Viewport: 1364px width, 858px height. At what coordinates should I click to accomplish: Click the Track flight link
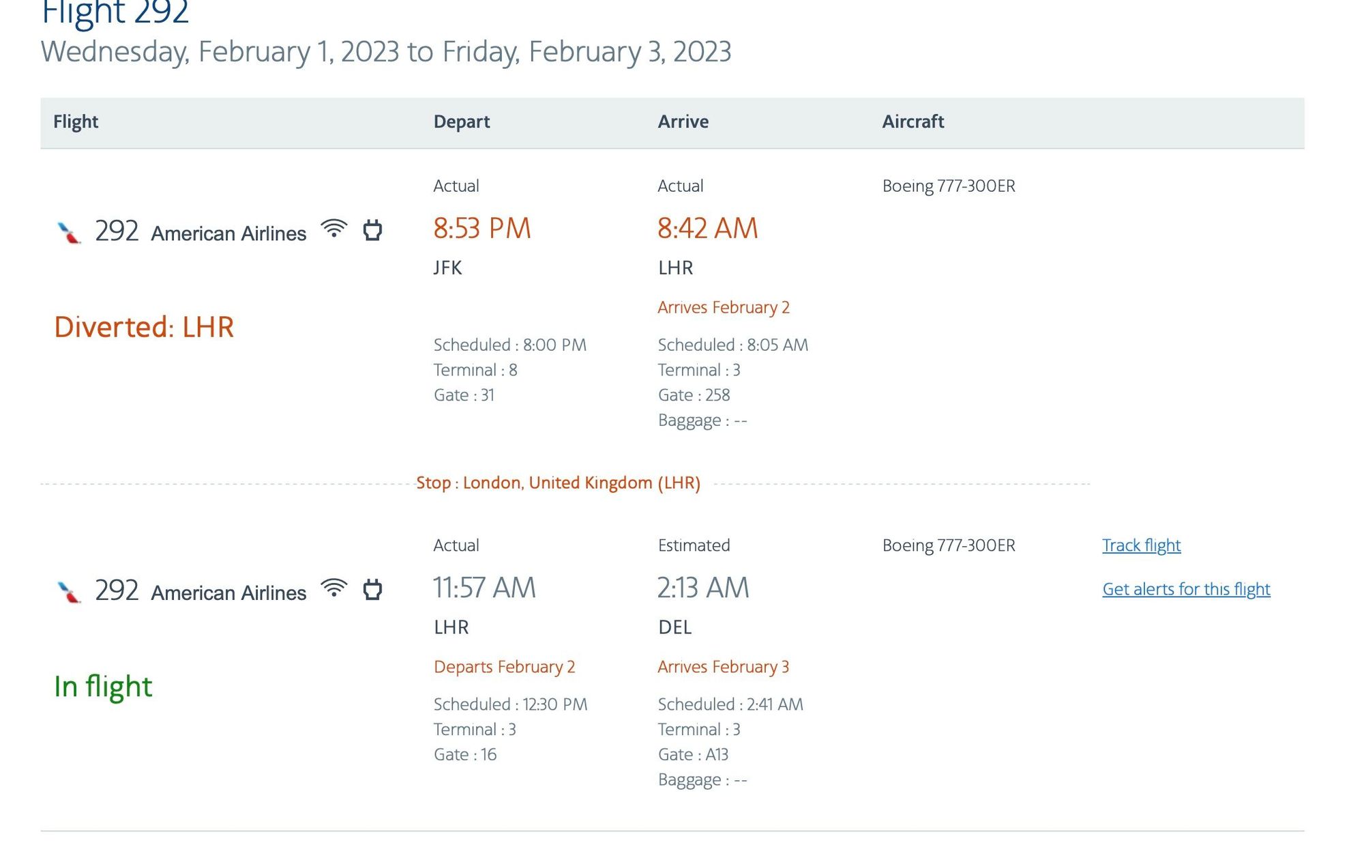pyautogui.click(x=1141, y=545)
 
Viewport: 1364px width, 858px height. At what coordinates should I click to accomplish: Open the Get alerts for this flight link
pyautogui.click(x=1186, y=588)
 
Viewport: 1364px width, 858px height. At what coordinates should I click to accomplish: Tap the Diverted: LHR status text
pyautogui.click(x=144, y=327)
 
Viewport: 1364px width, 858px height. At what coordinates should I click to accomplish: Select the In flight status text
pyautogui.click(x=103, y=686)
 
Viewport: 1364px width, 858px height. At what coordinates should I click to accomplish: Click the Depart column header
pyautogui.click(x=462, y=121)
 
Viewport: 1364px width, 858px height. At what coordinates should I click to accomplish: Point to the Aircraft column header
pyautogui.click(x=913, y=121)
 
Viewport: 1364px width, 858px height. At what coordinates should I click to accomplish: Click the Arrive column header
pyautogui.click(x=683, y=121)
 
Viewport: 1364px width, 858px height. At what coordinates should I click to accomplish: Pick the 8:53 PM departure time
pyautogui.click(x=482, y=228)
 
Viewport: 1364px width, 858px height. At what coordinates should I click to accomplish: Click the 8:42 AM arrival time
pyautogui.click(x=708, y=228)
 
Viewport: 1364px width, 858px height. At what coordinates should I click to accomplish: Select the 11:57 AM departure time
pyautogui.click(x=485, y=588)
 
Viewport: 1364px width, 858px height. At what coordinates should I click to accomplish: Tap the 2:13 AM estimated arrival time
pyautogui.click(x=703, y=588)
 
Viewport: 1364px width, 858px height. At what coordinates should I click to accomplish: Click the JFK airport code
pyautogui.click(x=448, y=268)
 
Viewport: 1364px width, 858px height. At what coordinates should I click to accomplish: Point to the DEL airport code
pyautogui.click(x=675, y=627)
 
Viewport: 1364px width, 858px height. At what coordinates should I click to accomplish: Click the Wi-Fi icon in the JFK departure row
pyautogui.click(x=334, y=229)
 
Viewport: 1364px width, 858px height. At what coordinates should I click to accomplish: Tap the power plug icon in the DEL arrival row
pyautogui.click(x=372, y=589)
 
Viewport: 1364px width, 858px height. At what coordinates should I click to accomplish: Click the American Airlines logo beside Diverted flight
pyautogui.click(x=69, y=232)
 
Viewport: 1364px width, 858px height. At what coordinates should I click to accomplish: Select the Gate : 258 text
pyautogui.click(x=694, y=395)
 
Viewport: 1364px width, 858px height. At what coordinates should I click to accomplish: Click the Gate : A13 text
pyautogui.click(x=693, y=754)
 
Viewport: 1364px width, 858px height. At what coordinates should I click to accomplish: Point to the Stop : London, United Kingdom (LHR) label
pyautogui.click(x=559, y=483)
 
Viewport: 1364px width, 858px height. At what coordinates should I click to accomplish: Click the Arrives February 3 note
pyautogui.click(x=724, y=666)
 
